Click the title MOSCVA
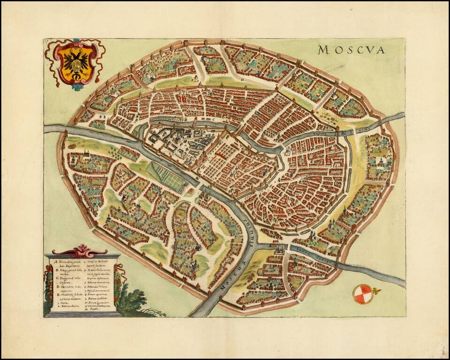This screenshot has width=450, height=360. [351, 49]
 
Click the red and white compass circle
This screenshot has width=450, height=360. [360, 294]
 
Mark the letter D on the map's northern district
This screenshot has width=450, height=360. [242, 80]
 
